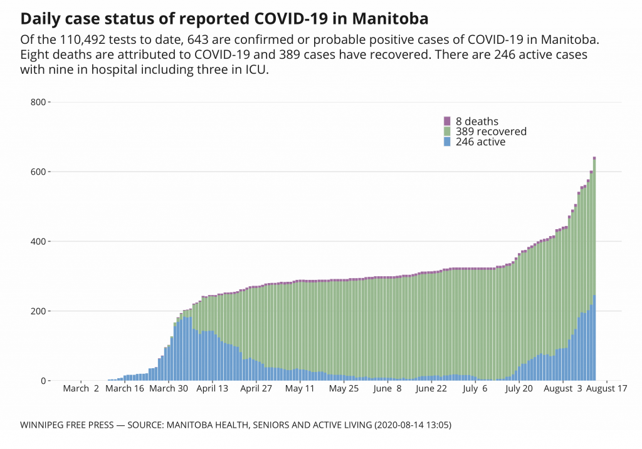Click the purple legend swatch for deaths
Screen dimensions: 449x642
447,121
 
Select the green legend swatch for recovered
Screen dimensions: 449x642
447,132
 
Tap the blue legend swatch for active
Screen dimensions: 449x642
447,142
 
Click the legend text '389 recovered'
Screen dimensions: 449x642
491,132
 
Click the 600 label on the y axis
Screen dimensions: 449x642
39,172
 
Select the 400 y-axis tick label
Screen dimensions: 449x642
39,242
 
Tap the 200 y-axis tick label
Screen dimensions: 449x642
39,311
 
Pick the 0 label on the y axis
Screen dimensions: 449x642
43,381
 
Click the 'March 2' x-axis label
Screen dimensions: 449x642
81,389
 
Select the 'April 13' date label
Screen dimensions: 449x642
213,389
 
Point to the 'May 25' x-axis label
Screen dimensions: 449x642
344,389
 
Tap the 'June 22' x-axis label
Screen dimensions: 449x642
431,389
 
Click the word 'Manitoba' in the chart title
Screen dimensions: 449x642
395,15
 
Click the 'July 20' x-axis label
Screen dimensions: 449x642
519,389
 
